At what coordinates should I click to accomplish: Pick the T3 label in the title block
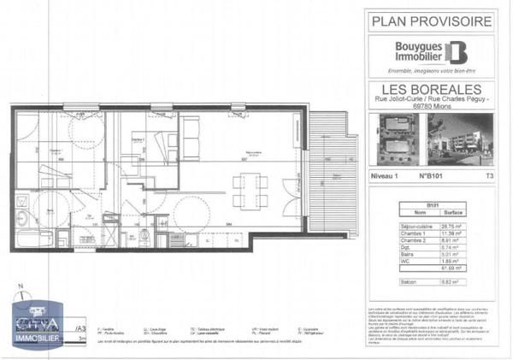pos(489,174)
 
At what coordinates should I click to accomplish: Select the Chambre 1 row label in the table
pos(414,230)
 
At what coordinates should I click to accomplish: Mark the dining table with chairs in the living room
pos(247,186)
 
